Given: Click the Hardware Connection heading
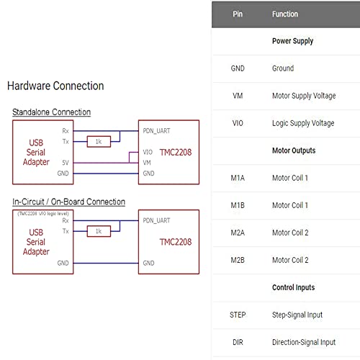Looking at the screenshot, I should pos(55,86).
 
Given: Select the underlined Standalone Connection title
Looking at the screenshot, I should pos(51,112).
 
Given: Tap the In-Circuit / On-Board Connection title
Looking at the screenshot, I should pos(68,202).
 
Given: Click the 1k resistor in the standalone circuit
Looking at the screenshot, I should pos(98,142).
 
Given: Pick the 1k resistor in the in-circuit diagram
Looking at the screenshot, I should pos(98,231).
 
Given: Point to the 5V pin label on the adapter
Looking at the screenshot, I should pos(65,163).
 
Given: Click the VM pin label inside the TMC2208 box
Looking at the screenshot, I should pos(148,163).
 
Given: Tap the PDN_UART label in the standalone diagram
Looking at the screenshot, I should pos(156,131).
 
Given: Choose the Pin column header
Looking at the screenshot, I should pos(238,14).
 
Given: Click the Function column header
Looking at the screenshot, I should pos(284,14).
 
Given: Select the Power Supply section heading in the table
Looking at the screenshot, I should pos(292,41).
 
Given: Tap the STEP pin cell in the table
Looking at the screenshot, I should pos(238,315).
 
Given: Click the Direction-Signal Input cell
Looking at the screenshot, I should pos(303,342).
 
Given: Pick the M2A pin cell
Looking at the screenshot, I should pos(238,233).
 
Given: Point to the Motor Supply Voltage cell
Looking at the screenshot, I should pos(303,96).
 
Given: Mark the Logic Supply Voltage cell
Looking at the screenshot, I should pos(303,123).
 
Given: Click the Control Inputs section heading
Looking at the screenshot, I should pos(294,287).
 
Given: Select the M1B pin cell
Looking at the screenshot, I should pos(238,205).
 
